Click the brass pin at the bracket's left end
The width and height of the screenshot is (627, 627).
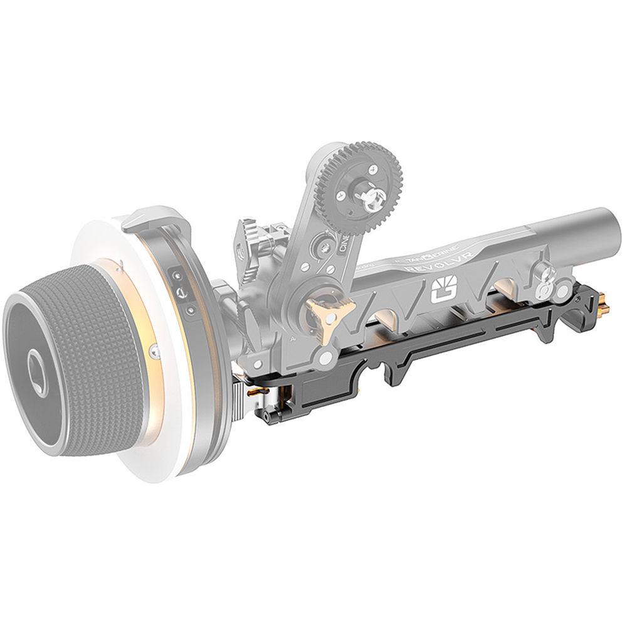pyautogui.click(x=253, y=391)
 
